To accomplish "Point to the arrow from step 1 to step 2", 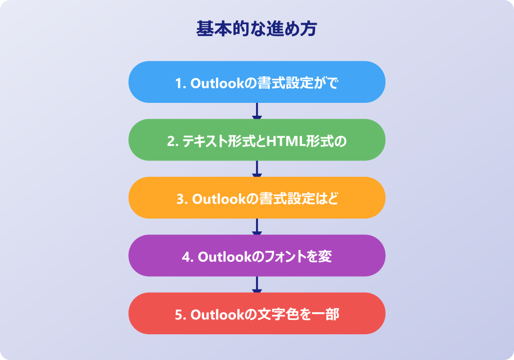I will [x=257, y=111].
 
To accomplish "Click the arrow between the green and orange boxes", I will [x=257, y=169].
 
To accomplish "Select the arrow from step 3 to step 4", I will [x=257, y=227].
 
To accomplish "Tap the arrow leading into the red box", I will [x=257, y=284].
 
